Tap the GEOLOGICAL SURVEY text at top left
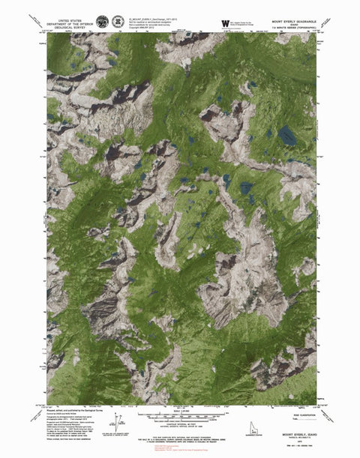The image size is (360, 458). [65, 28]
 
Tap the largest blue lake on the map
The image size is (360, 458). [286, 135]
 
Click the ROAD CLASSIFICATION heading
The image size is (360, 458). [295, 409]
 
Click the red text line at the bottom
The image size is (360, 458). [180, 450]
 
